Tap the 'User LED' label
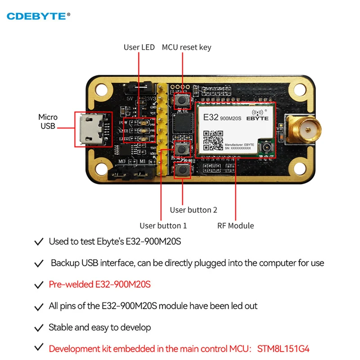(x=139, y=47)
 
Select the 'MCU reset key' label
(x=186, y=47)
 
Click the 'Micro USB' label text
(x=48, y=121)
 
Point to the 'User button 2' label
(x=193, y=210)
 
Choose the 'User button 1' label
(x=163, y=225)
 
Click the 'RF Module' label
(x=235, y=225)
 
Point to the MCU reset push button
(x=182, y=100)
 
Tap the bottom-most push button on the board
(x=182, y=170)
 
